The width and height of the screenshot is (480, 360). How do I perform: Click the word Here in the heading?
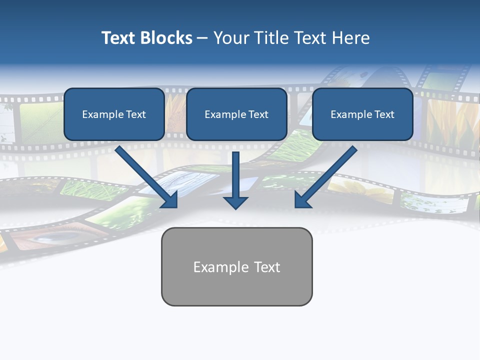(x=349, y=38)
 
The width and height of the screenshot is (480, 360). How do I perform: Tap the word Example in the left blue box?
(x=103, y=114)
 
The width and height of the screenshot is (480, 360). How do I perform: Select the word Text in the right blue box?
(x=384, y=114)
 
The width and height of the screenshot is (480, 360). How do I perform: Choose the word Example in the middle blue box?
(x=225, y=114)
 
